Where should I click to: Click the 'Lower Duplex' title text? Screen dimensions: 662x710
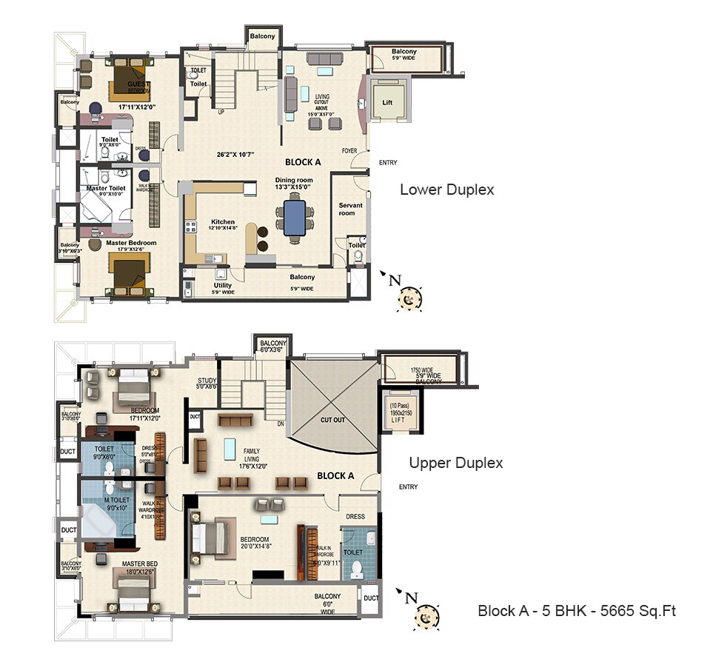pyautogui.click(x=446, y=190)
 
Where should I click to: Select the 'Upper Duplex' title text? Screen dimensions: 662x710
pyautogui.click(x=456, y=463)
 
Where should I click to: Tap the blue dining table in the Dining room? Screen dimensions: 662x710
pyautogui.click(x=293, y=218)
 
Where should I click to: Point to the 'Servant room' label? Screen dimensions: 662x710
pyautogui.click(x=346, y=209)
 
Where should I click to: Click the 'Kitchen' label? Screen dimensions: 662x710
pyautogui.click(x=223, y=221)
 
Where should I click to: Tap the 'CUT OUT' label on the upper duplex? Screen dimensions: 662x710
pyautogui.click(x=333, y=419)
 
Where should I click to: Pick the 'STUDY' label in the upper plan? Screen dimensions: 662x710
pyautogui.click(x=207, y=381)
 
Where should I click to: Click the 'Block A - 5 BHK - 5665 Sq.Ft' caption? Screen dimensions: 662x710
pyautogui.click(x=577, y=611)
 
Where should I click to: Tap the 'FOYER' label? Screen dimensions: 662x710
pyautogui.click(x=349, y=151)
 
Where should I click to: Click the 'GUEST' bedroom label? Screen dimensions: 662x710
pyautogui.click(x=138, y=84)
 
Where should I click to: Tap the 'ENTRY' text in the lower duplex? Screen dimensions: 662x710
pyautogui.click(x=388, y=163)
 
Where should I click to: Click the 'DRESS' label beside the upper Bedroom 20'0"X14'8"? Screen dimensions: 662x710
pyautogui.click(x=355, y=516)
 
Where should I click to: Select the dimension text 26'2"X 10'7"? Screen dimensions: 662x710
pyautogui.click(x=235, y=155)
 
